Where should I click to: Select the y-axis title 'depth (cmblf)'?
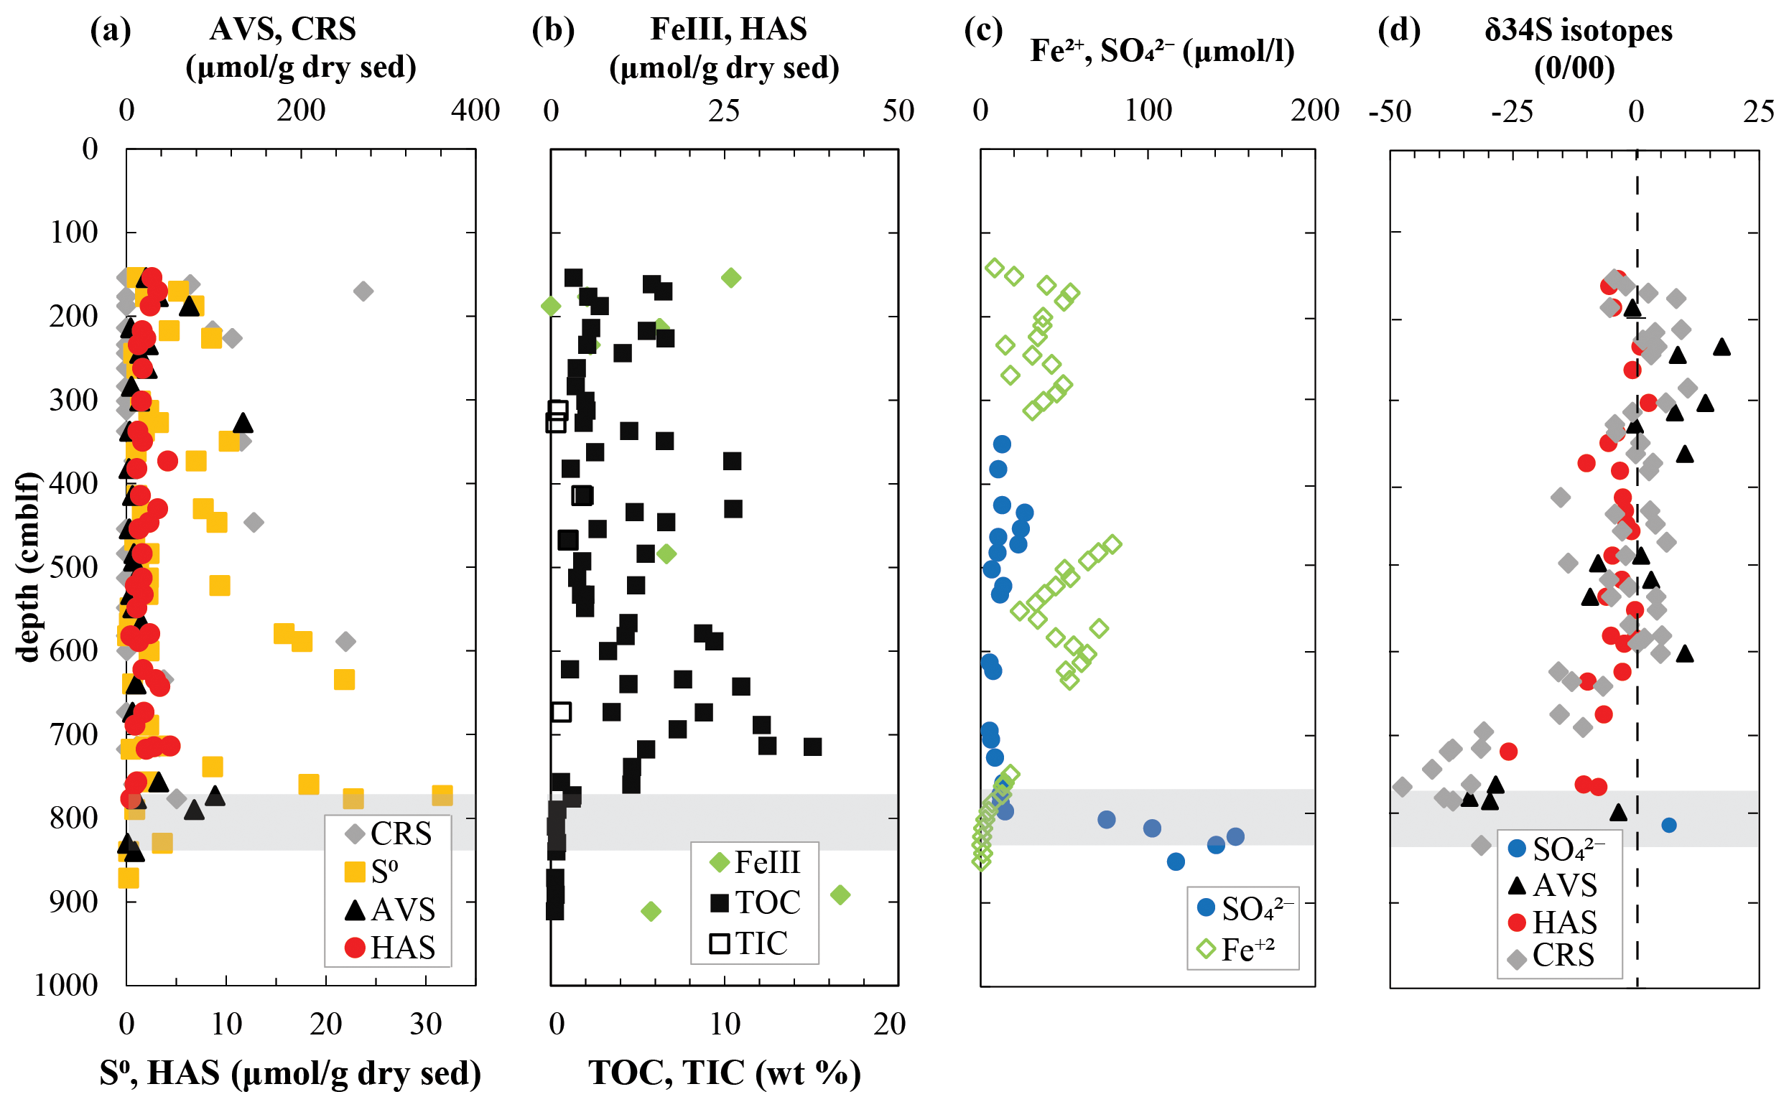(x=27, y=567)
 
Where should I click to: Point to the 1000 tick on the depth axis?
(x=66, y=986)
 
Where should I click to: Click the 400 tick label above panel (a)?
(x=475, y=111)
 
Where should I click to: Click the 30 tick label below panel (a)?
(x=425, y=1024)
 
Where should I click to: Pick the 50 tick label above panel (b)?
(x=898, y=111)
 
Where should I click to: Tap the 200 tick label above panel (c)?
(x=1314, y=111)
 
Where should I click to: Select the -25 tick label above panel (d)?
(x=1512, y=112)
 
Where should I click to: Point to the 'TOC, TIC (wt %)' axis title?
(x=724, y=1073)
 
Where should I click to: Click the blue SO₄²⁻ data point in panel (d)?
(x=1669, y=825)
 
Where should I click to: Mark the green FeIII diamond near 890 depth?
(x=840, y=895)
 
